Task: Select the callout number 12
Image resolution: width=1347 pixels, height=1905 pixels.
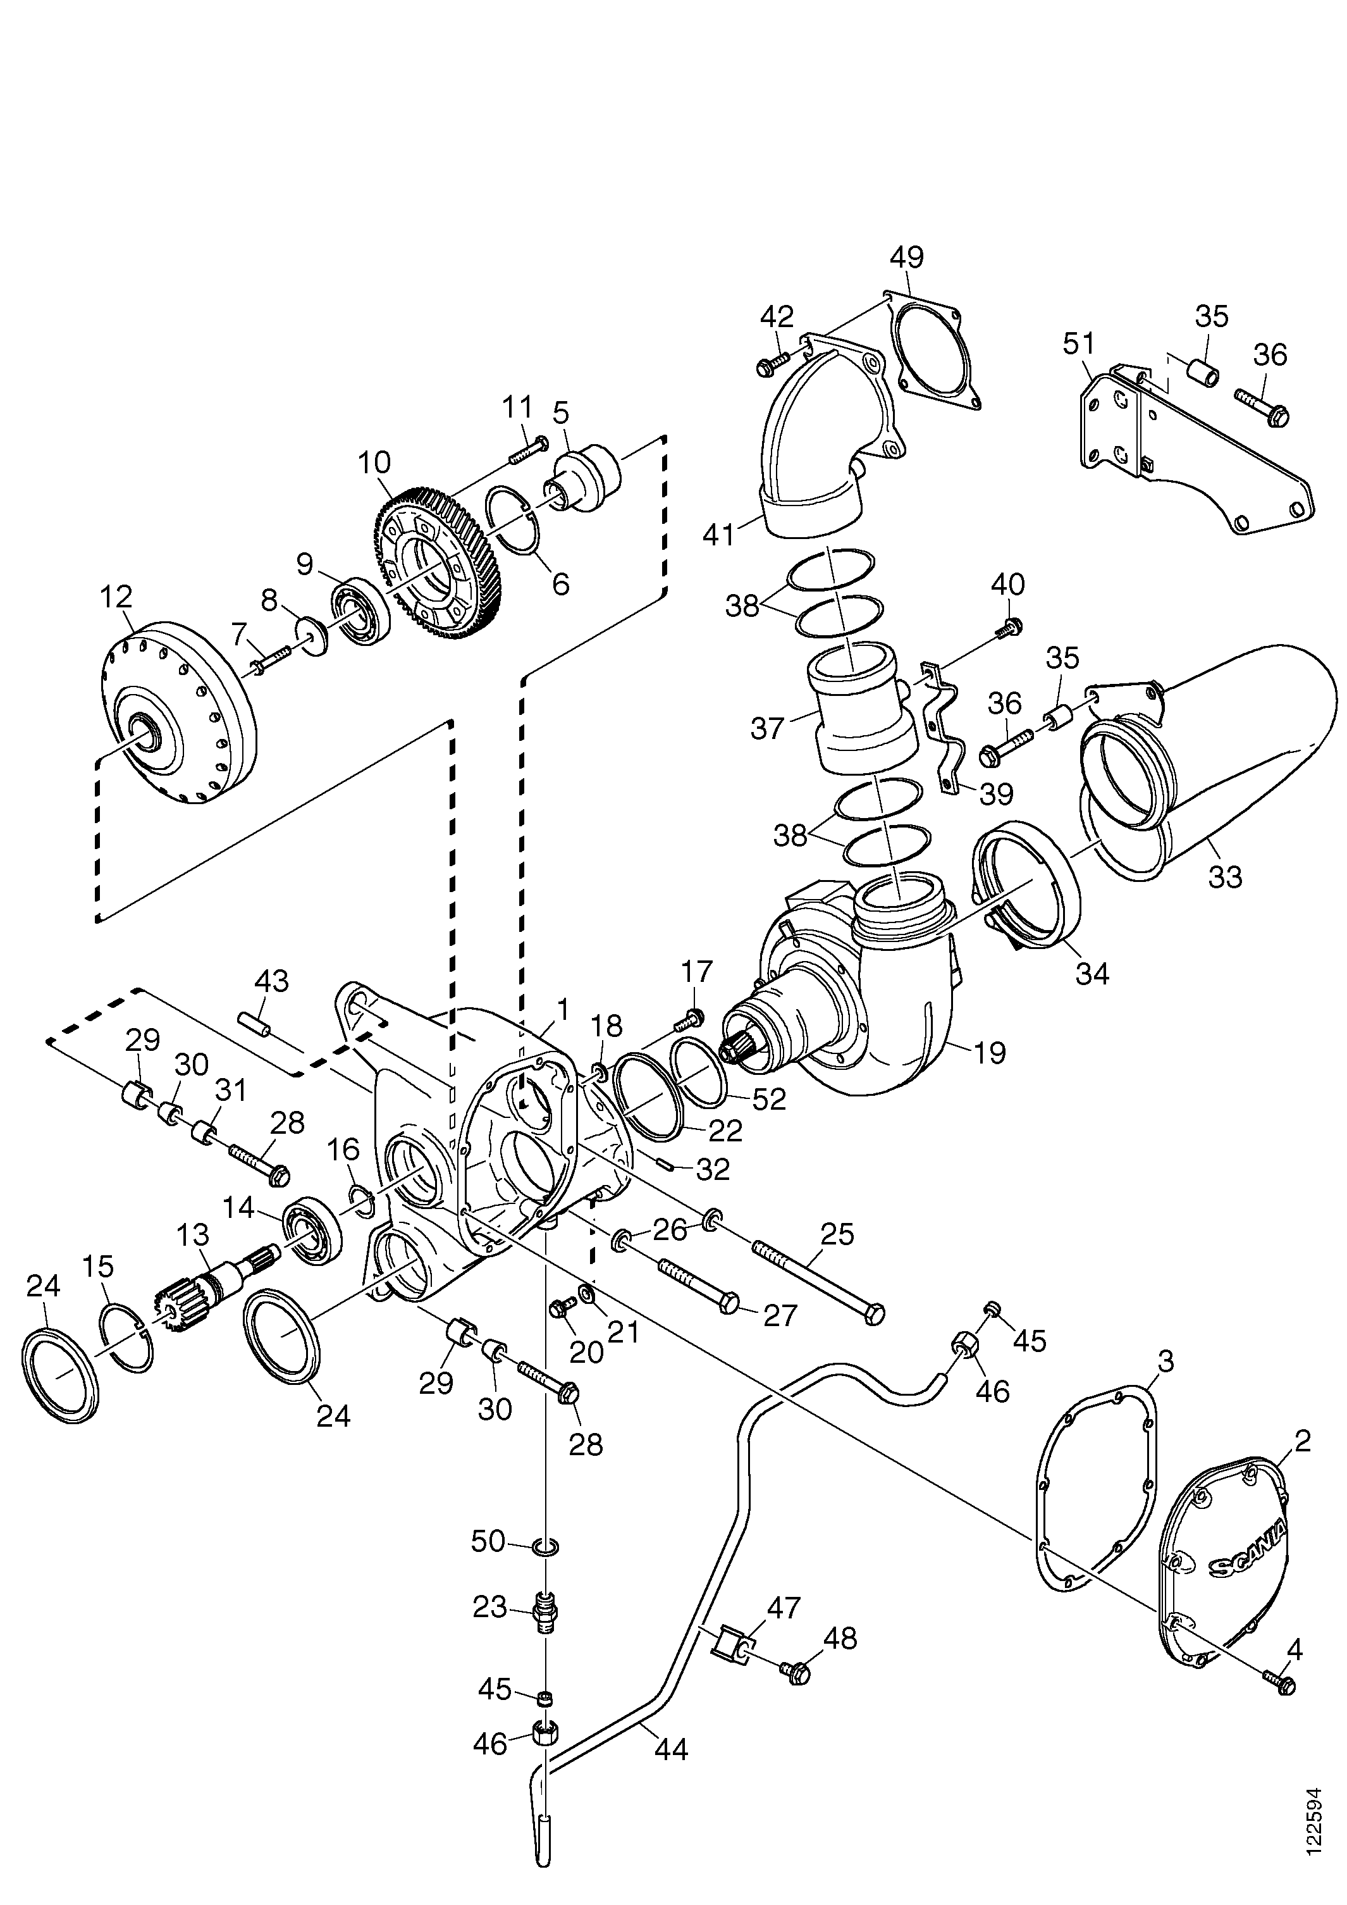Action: coord(116,597)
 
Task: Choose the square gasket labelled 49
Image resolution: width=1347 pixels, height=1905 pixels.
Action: coord(933,349)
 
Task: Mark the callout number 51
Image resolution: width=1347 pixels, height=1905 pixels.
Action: coord(1079,344)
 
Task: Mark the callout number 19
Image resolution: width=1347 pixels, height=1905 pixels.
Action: coord(988,1053)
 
